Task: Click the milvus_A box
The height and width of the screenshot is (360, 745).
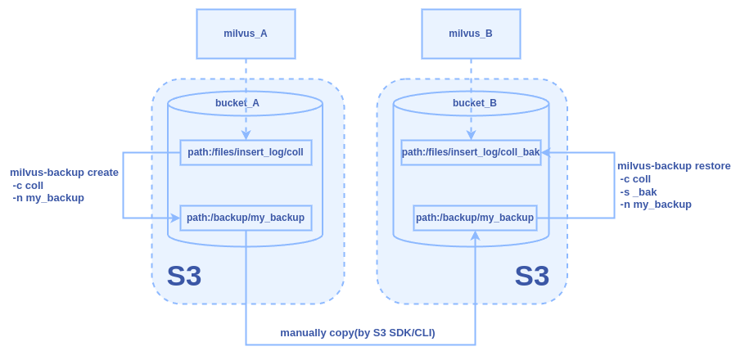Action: (246, 34)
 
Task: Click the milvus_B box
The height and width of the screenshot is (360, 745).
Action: (471, 34)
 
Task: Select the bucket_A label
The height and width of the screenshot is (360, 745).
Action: (237, 103)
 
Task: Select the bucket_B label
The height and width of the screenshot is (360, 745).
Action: (475, 103)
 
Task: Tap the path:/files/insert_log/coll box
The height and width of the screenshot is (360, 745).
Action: (246, 152)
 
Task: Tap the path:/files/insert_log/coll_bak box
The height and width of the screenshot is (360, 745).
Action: (471, 152)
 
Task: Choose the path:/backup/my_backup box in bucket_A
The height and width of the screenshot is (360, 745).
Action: (246, 218)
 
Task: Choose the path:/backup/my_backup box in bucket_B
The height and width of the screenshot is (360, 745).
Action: (475, 218)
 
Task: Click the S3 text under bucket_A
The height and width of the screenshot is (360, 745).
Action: (184, 276)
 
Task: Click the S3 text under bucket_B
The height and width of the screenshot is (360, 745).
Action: (532, 276)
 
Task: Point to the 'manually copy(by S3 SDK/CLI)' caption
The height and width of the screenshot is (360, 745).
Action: (358, 332)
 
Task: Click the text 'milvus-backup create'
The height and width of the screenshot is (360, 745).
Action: (64, 173)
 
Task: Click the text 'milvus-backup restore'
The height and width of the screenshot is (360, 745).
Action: (674, 166)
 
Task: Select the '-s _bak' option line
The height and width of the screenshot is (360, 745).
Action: (639, 191)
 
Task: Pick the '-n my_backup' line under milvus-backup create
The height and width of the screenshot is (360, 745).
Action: (48, 198)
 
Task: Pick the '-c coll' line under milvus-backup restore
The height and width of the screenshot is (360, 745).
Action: (635, 179)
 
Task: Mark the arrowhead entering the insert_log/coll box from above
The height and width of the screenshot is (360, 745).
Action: (246, 134)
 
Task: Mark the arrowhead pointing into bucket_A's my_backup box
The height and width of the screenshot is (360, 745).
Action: (175, 218)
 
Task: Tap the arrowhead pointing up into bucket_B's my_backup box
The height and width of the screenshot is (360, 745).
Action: (475, 236)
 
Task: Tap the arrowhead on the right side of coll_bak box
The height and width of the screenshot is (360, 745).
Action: (545, 152)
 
